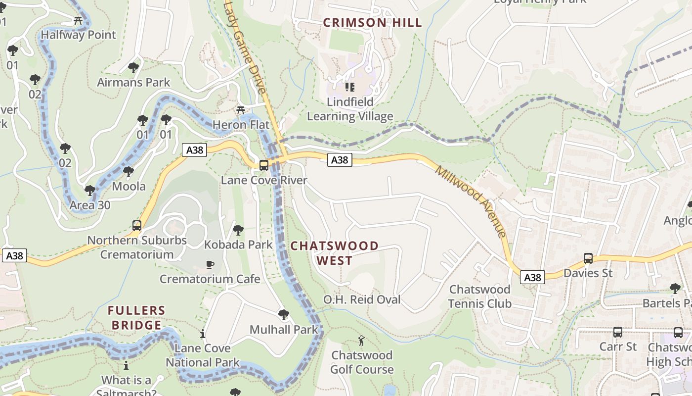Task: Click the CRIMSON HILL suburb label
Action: [372, 22]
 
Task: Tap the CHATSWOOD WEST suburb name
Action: [335, 253]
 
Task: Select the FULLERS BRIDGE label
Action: [137, 318]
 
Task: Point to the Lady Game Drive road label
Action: [246, 47]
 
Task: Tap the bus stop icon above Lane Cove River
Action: [264, 165]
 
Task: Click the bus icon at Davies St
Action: [588, 258]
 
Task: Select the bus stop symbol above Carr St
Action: [617, 332]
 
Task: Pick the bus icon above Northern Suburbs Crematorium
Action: [137, 226]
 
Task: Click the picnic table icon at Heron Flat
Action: [241, 110]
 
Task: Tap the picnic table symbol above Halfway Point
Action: [78, 20]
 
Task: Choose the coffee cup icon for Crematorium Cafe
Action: [210, 264]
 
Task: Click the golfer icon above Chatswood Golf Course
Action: [361, 341]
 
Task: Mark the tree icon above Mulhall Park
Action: [283, 314]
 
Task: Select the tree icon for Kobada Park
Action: [238, 230]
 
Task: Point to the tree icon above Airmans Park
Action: [133, 67]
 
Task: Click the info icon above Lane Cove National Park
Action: [202, 334]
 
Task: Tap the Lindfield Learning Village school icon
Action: [350, 87]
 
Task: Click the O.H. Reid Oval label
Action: [362, 299]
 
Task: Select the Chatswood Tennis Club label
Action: [479, 296]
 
